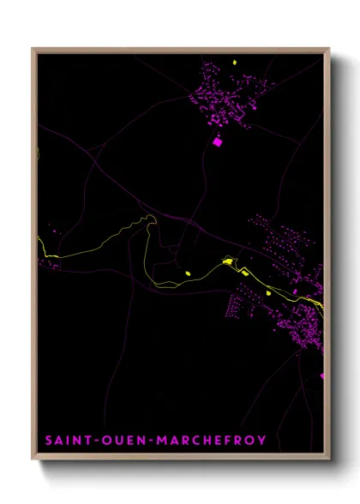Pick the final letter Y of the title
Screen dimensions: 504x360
[261, 441]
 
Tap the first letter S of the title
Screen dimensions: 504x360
[48, 441]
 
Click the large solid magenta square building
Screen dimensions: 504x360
[217, 142]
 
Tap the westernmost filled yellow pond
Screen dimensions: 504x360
[188, 273]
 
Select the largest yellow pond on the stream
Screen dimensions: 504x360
[228, 260]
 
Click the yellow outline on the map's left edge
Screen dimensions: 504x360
[39, 154]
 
